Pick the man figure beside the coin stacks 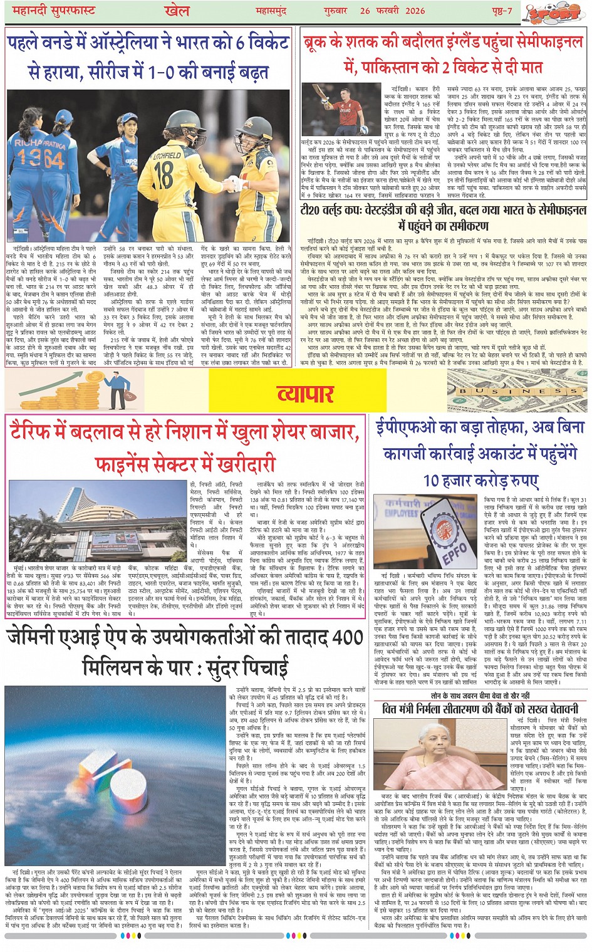[116, 389]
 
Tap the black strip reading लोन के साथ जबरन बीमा [480, 696]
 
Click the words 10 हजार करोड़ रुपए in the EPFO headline [480, 481]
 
